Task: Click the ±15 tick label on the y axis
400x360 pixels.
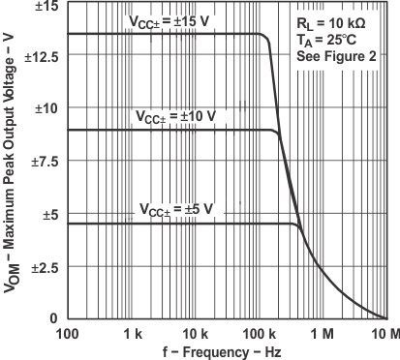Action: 46,7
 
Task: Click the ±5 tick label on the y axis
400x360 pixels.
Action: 49,214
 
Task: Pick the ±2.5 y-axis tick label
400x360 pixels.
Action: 44,266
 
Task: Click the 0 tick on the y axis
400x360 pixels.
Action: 55,318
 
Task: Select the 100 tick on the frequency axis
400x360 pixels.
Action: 68,334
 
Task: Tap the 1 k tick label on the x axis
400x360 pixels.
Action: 133,334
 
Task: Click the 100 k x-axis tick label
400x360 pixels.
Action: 261,334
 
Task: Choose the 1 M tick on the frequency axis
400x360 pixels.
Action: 324,334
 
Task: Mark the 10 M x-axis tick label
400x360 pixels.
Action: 385,334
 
